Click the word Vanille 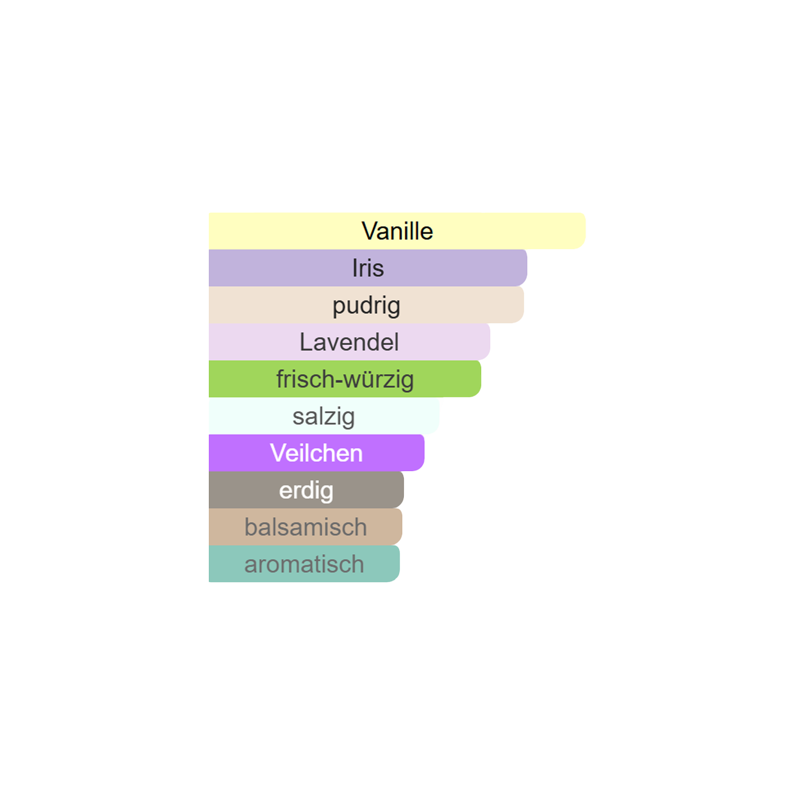click(397, 231)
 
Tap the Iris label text click(368, 268)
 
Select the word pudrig click(366, 306)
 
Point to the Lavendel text click(349, 342)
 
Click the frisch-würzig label click(345, 380)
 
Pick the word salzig click(323, 417)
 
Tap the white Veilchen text click(316, 453)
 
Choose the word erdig click(306, 491)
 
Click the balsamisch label click(305, 527)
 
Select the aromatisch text click(304, 564)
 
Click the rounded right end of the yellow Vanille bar click(585, 231)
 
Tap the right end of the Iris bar click(526, 268)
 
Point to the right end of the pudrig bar click(523, 305)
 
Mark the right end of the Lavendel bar click(489, 342)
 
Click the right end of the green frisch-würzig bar click(480, 379)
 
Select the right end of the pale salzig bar click(438, 416)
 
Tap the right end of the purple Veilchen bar click(423, 453)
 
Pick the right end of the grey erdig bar click(403, 490)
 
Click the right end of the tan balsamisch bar click(401, 527)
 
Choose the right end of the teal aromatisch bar click(399, 564)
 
